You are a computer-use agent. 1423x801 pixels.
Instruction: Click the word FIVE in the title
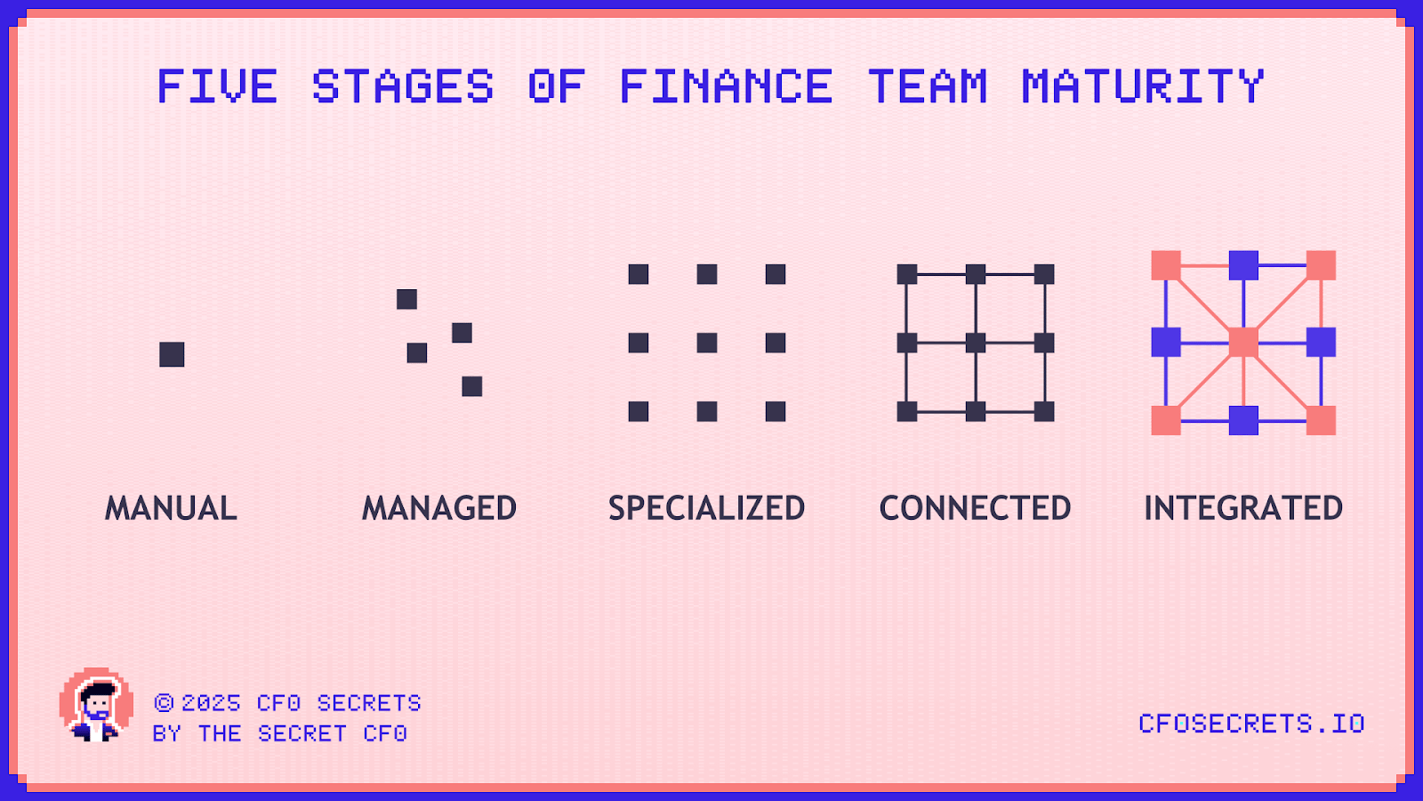217,87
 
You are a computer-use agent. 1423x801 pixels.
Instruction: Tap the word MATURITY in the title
1143,87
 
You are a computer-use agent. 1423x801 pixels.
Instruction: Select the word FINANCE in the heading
726,87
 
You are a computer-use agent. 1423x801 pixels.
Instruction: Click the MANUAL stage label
172,508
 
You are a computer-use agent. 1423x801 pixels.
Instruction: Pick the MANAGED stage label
439,508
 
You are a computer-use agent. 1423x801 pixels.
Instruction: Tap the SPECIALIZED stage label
707,508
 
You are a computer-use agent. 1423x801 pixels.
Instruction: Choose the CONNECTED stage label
976,508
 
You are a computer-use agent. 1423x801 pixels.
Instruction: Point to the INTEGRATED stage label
1243,508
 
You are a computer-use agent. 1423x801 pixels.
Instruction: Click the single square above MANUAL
172,354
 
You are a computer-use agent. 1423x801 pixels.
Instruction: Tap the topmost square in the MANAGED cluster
406,299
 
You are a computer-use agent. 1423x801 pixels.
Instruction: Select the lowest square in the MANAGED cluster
472,386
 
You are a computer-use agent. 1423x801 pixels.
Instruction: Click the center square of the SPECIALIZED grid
707,343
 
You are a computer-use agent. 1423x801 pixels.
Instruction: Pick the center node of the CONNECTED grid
976,343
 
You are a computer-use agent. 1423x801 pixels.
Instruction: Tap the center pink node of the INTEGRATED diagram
1243,343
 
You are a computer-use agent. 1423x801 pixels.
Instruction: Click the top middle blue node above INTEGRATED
1243,265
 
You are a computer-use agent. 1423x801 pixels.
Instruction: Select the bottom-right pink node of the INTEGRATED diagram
1321,420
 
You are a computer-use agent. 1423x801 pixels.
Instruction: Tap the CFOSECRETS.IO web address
1251,724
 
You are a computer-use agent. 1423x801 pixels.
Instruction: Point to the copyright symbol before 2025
164,703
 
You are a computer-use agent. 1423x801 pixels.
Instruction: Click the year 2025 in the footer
212,703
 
